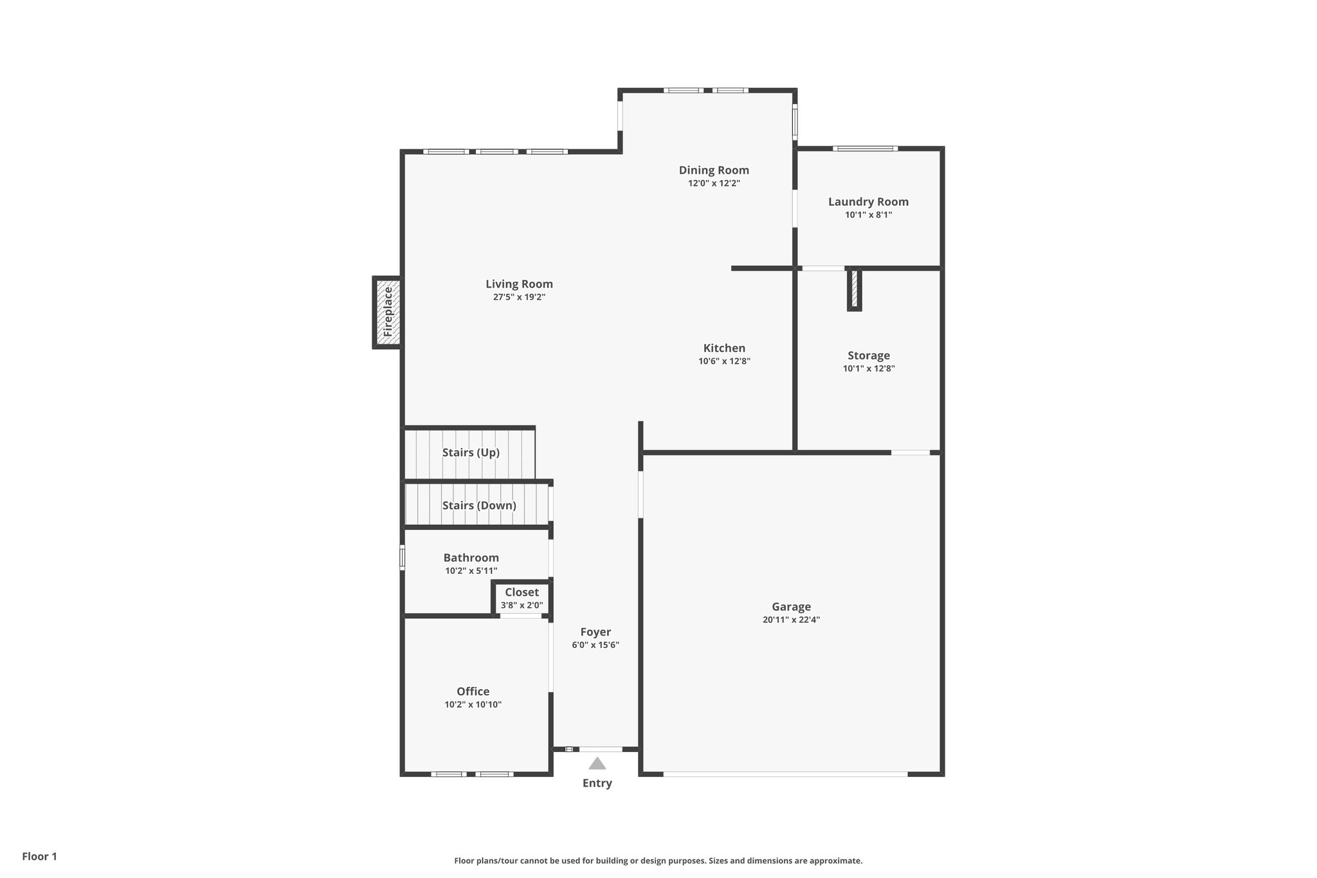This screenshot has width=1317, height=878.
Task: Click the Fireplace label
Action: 388,312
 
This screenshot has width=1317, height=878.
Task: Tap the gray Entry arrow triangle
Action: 597,764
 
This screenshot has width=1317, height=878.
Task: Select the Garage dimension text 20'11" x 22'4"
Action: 791,620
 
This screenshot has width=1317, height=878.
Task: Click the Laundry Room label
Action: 868,202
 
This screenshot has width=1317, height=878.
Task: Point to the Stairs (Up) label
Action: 471,453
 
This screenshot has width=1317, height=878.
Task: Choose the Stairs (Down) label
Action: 479,506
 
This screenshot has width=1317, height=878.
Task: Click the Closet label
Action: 522,592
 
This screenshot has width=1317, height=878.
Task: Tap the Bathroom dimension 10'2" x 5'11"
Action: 471,571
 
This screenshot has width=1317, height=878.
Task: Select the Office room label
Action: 473,691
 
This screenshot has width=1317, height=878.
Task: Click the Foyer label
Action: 595,632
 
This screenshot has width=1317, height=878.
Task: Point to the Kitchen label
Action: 724,348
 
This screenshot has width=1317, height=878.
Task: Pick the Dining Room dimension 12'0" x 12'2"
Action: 714,183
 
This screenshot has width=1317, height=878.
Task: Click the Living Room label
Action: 519,284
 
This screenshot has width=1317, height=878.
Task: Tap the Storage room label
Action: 869,356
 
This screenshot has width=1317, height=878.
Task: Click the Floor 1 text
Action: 40,856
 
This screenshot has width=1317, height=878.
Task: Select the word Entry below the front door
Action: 597,783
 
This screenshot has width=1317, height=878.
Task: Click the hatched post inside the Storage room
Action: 855,289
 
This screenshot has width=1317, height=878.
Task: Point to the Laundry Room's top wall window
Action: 865,149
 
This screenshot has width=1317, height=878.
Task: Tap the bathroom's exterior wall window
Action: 403,558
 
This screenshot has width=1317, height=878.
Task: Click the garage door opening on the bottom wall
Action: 785,774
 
